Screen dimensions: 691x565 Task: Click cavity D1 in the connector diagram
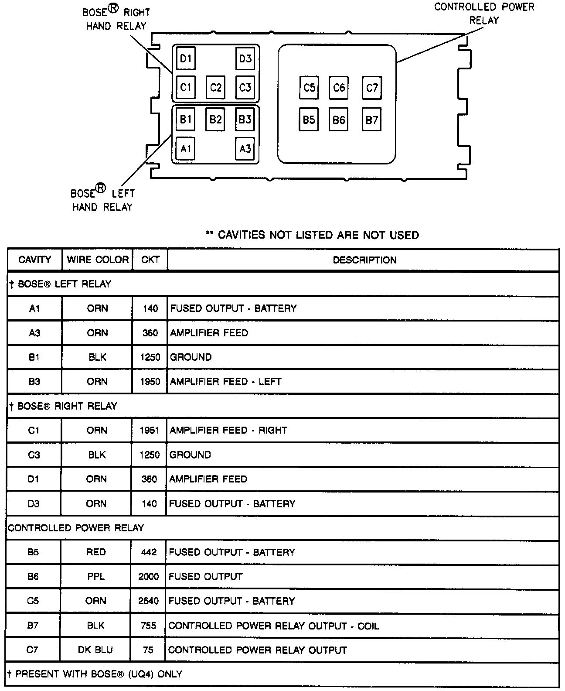(186, 58)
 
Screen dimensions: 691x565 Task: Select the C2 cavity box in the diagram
(215, 87)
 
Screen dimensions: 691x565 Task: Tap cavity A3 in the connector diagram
(245, 149)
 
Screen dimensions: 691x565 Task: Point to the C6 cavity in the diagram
(339, 88)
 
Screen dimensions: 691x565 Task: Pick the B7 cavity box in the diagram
(371, 120)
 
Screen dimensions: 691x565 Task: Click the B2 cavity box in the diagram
(215, 119)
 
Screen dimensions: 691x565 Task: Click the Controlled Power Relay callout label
(484, 14)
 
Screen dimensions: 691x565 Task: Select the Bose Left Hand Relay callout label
(103, 200)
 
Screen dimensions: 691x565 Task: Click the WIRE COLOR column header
(98, 260)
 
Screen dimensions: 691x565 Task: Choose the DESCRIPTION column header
(364, 260)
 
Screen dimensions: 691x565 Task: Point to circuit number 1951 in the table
(150, 430)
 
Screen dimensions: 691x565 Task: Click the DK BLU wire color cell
(95, 650)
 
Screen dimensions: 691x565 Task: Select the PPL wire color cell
(96, 576)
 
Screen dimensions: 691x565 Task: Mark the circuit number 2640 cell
(149, 601)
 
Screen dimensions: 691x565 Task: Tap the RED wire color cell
(96, 552)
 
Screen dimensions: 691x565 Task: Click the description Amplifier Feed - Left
(225, 381)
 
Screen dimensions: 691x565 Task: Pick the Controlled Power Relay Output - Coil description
(273, 626)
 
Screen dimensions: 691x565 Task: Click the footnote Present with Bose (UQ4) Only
(95, 674)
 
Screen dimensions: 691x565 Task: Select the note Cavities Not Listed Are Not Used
(313, 235)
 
